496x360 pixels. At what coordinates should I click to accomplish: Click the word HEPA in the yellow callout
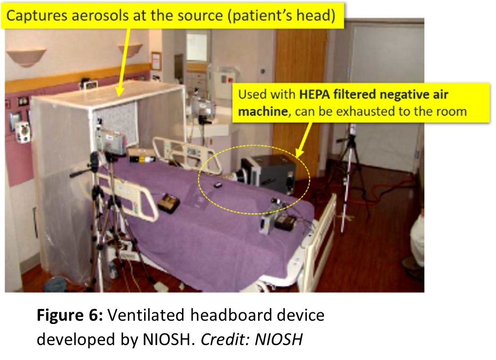click(x=313, y=95)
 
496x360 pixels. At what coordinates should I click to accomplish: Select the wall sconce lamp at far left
click(x=26, y=56)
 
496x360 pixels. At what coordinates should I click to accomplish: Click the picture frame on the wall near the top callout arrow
click(x=156, y=61)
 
